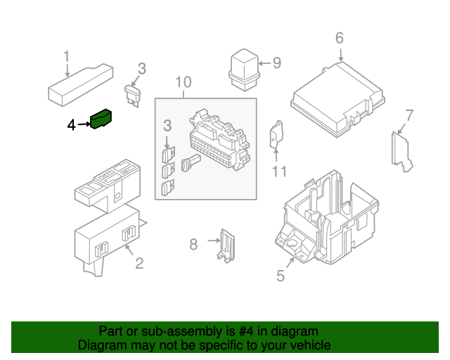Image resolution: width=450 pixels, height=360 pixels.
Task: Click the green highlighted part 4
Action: point(103,122)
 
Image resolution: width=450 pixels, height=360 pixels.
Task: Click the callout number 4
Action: point(71,125)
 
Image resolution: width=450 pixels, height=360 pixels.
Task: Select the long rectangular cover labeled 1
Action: point(79,83)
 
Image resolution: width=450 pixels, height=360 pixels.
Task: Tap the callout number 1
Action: point(67,56)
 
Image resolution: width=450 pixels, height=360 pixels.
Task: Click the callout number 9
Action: point(276,63)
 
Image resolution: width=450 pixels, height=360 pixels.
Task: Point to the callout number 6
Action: point(339,38)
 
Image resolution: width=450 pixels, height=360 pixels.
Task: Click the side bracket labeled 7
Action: point(401,150)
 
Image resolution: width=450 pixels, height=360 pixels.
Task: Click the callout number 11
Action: point(280,171)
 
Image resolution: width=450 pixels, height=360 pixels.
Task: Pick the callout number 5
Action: point(281,276)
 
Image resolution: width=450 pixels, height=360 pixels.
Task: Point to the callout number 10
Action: point(183,82)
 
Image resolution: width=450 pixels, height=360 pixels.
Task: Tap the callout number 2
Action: point(139,264)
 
